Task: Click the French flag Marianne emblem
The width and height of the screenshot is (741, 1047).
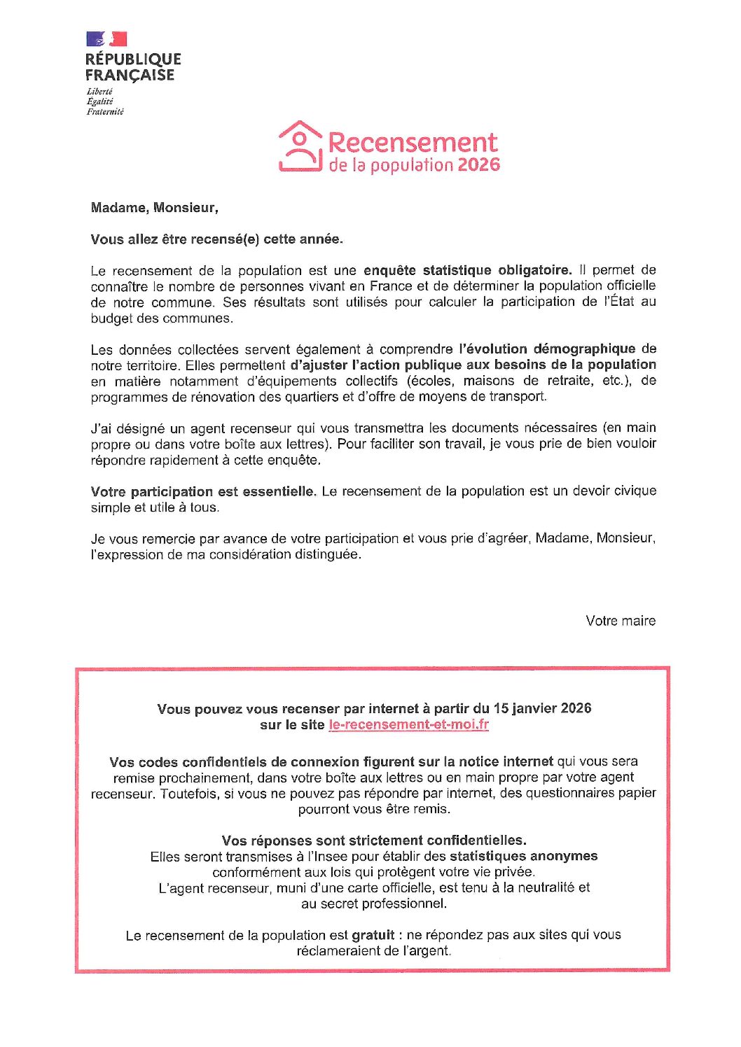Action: click(x=106, y=38)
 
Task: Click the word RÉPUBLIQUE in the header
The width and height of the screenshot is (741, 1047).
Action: click(x=133, y=59)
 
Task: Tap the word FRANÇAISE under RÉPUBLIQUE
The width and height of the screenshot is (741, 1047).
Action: click(x=130, y=75)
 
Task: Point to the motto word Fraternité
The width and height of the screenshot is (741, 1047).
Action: click(x=105, y=111)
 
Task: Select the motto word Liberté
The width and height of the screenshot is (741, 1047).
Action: click(x=99, y=92)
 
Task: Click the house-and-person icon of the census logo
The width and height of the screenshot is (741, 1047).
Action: click(x=300, y=146)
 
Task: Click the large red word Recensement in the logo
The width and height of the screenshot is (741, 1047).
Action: click(x=413, y=142)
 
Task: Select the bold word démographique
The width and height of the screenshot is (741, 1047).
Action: click(x=584, y=349)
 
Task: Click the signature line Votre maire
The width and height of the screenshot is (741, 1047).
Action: click(x=621, y=621)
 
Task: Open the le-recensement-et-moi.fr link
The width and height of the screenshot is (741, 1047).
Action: click(x=408, y=724)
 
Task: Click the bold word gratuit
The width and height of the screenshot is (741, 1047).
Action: click(x=373, y=935)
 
